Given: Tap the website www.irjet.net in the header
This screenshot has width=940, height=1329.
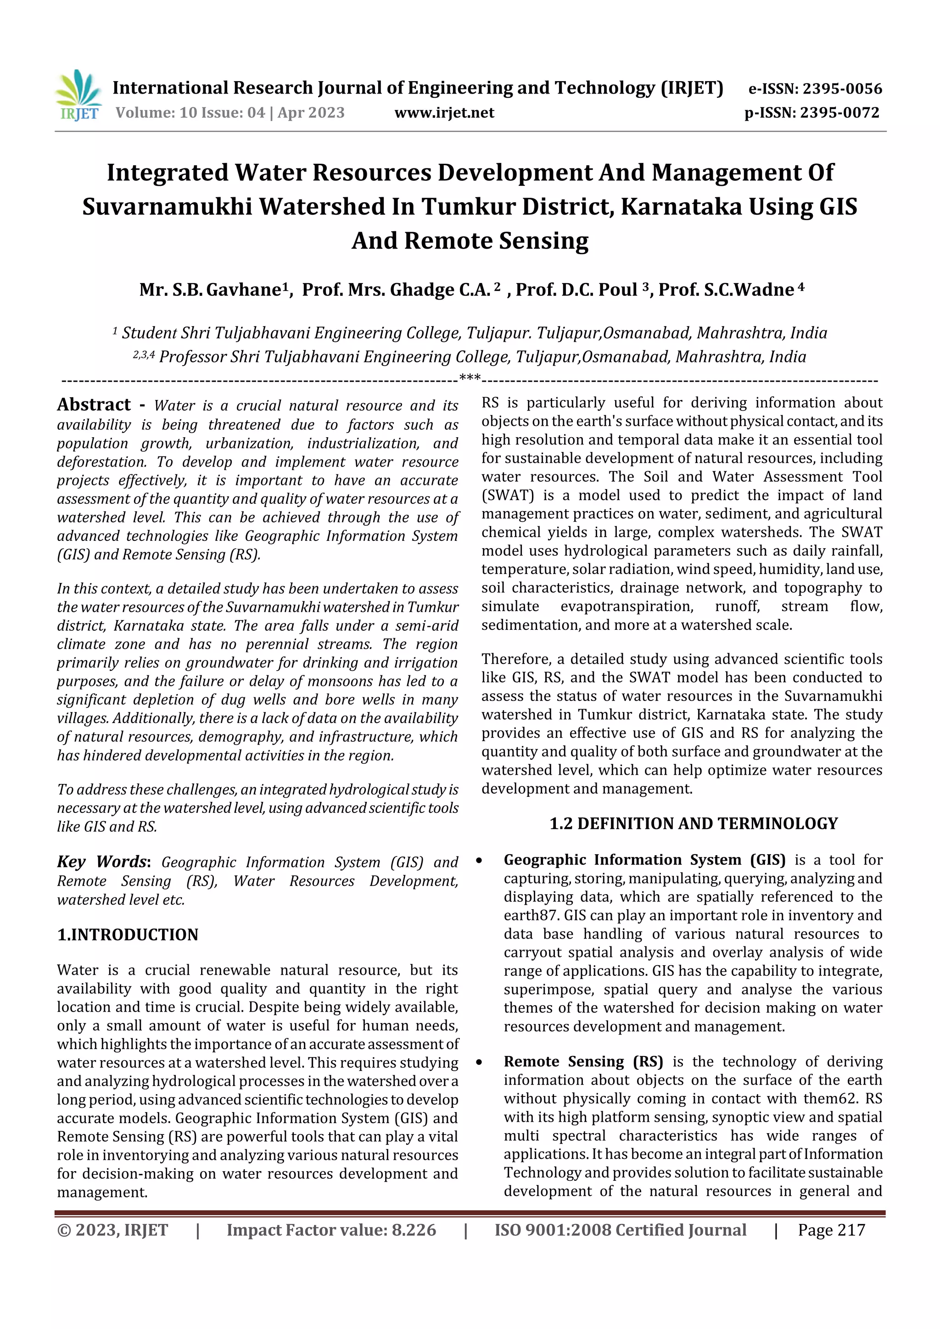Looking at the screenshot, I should (x=444, y=112).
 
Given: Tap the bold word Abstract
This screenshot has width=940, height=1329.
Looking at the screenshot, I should (x=94, y=404).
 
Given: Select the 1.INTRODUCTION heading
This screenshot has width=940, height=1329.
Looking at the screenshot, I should (x=128, y=935).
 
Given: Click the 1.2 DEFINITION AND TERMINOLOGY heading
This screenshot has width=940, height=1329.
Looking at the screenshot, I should (x=693, y=823).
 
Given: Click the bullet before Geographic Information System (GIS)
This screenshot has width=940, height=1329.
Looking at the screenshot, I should (x=479, y=861).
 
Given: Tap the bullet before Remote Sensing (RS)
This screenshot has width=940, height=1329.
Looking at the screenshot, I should (x=479, y=1062).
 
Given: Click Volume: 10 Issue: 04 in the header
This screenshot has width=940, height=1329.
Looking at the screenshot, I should (x=190, y=112).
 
